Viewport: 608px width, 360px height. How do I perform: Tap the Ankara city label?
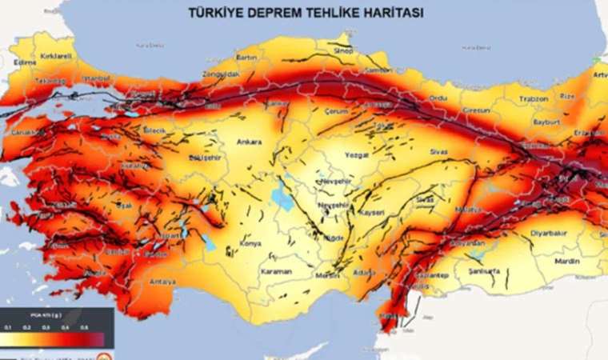point(250,142)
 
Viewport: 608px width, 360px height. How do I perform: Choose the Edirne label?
point(26,62)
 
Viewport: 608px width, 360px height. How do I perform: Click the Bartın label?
point(246,58)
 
